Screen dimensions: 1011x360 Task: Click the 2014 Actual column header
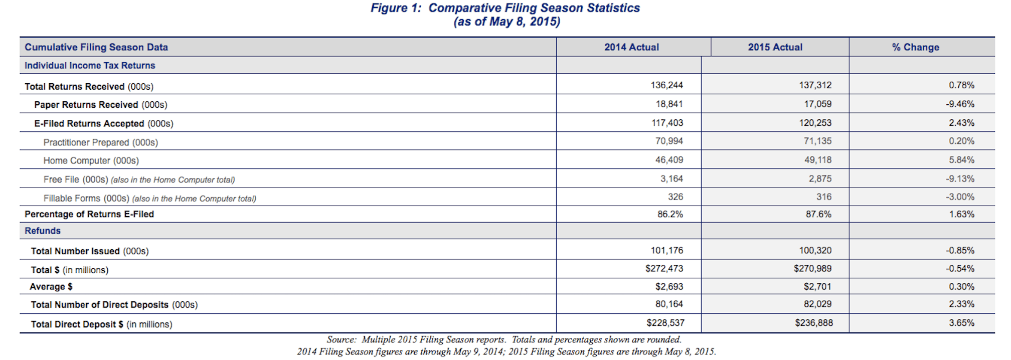tap(631, 47)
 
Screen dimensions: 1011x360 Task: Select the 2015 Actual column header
tap(775, 47)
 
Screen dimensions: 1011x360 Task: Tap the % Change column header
tap(915, 47)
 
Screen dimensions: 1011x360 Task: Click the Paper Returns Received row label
tap(101, 105)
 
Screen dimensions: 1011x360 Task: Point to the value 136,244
tap(666, 85)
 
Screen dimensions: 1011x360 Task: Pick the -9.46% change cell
tap(960, 104)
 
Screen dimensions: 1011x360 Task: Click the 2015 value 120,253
tap(815, 123)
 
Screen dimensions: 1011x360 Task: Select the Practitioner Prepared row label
tap(101, 142)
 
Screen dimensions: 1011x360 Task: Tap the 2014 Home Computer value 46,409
tap(669, 160)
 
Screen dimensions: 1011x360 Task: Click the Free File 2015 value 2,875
tap(820, 179)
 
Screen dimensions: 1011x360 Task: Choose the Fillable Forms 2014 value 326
tap(676, 197)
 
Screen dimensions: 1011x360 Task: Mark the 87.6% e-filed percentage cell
tap(818, 214)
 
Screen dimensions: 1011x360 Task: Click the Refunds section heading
tap(43, 231)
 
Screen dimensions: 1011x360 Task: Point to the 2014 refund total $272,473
tap(664, 269)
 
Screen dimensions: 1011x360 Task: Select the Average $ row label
tap(51, 287)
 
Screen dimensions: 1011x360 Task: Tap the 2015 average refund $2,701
tap(817, 287)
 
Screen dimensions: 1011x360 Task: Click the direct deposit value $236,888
tap(814, 323)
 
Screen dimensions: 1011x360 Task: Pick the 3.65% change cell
tap(961, 323)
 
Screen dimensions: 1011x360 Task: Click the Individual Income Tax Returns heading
tap(90, 66)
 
